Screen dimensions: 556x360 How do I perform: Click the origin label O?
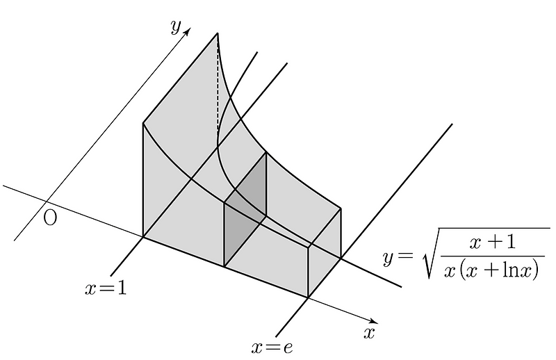(x=50, y=218)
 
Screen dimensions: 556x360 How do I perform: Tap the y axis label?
(x=176, y=26)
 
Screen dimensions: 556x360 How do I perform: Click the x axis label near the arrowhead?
(x=370, y=332)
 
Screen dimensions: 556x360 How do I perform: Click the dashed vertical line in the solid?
(x=218, y=90)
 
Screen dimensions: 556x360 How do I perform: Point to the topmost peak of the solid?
(x=218, y=33)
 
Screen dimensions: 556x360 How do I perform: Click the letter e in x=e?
(x=288, y=346)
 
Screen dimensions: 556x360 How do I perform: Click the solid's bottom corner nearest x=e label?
(x=308, y=297)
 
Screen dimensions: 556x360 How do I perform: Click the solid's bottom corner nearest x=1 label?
(x=143, y=237)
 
